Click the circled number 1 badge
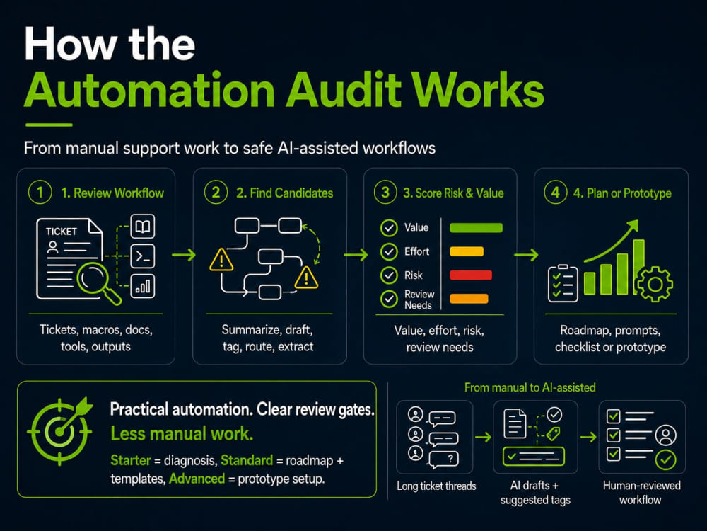point(40,193)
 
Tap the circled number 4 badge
point(555,193)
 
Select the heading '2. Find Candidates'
point(284,193)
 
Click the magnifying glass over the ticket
point(99,283)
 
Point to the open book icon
point(143,227)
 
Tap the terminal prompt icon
point(143,256)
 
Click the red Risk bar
point(471,275)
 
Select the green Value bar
point(476,227)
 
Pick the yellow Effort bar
point(467,251)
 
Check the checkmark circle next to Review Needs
point(389,299)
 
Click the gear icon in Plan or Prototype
point(655,284)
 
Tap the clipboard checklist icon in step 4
point(563,283)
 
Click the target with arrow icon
point(60,430)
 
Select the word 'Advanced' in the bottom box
point(197,479)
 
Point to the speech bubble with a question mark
point(444,459)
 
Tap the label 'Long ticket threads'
point(436,486)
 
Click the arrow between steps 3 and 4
point(526,255)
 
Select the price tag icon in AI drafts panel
point(553,434)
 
